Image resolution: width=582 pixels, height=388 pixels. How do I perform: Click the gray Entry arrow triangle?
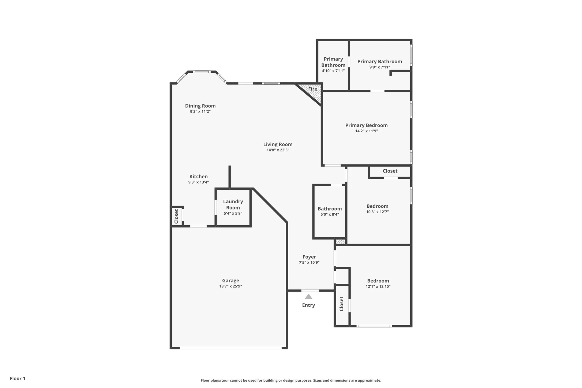(308, 297)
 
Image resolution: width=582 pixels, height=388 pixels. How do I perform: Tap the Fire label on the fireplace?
(312, 89)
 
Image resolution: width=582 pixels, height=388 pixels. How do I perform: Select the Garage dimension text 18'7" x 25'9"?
(230, 286)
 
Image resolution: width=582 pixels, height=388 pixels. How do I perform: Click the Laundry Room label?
(233, 204)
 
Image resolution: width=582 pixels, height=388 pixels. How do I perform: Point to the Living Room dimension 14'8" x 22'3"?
(278, 150)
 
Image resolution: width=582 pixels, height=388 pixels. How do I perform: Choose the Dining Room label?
(200, 106)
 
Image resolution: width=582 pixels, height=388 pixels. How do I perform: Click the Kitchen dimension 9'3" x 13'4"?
(198, 182)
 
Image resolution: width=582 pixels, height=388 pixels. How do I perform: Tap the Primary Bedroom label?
(366, 125)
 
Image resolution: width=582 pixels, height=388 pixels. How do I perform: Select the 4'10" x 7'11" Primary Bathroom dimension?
(333, 71)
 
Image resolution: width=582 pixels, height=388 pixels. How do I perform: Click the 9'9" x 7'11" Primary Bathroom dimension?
(379, 67)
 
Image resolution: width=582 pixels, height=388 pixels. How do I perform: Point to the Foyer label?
(309, 257)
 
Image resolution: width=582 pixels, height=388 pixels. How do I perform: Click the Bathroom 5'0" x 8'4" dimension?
(330, 214)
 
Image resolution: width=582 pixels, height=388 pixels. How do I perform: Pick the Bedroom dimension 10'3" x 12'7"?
(377, 212)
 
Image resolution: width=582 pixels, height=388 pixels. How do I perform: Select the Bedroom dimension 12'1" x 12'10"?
(378, 286)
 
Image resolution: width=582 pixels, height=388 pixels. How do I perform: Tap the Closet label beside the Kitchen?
(176, 216)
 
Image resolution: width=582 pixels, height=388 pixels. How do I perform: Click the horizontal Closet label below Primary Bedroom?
(390, 171)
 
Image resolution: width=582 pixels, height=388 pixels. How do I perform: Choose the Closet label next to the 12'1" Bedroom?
(341, 304)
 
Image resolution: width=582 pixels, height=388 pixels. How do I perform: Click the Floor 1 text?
(17, 378)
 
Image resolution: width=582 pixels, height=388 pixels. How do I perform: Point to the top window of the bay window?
(202, 72)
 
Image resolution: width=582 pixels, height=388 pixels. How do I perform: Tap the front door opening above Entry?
(310, 290)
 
